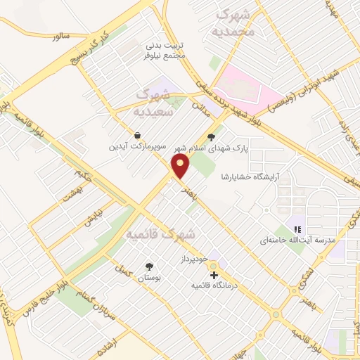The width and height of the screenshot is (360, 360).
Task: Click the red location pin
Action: point(181,167)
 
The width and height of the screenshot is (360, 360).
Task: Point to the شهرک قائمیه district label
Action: point(159,233)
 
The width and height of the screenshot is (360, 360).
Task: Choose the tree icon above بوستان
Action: point(148,266)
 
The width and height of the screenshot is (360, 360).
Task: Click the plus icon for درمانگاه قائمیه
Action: point(214,275)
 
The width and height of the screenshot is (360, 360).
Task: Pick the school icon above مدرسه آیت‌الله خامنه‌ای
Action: point(297,229)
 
